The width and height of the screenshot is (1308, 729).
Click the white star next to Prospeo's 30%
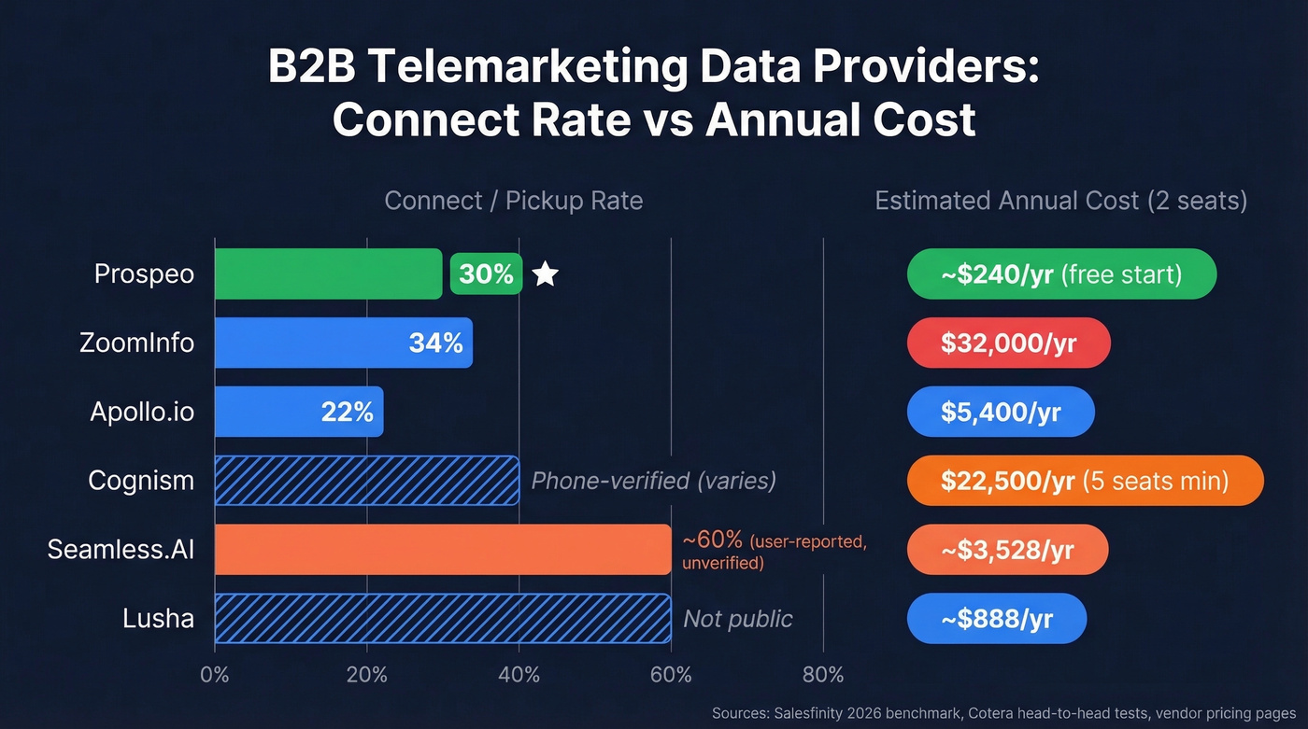coord(546,274)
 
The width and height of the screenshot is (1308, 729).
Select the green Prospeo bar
coord(327,274)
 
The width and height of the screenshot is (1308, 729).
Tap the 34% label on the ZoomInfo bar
coord(435,343)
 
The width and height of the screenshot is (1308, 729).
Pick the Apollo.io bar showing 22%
coord(299,412)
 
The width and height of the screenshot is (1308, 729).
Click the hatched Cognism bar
coord(366,481)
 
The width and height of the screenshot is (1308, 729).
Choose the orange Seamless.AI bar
coord(443,550)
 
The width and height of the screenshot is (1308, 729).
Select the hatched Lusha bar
coord(443,619)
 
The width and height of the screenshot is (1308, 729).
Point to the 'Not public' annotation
coord(737,619)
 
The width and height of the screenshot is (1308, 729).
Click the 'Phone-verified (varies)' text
coord(653,481)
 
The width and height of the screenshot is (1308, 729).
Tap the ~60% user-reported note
coord(774,551)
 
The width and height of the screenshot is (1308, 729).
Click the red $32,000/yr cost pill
coord(1008,343)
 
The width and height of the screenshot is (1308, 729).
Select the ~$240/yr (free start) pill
coord(1061,274)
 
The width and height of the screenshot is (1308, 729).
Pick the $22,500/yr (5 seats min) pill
coord(1085,481)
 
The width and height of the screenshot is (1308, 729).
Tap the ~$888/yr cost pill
coord(996,619)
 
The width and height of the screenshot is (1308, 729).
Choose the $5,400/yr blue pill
coord(1001,412)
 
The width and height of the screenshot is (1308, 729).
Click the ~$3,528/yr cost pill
coord(1007,550)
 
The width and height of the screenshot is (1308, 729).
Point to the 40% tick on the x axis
coord(519,675)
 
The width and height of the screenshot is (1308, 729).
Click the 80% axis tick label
coord(822,675)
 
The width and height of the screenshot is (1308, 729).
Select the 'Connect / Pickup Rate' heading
coord(513,201)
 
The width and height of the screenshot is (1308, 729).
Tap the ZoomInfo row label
coord(136,343)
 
